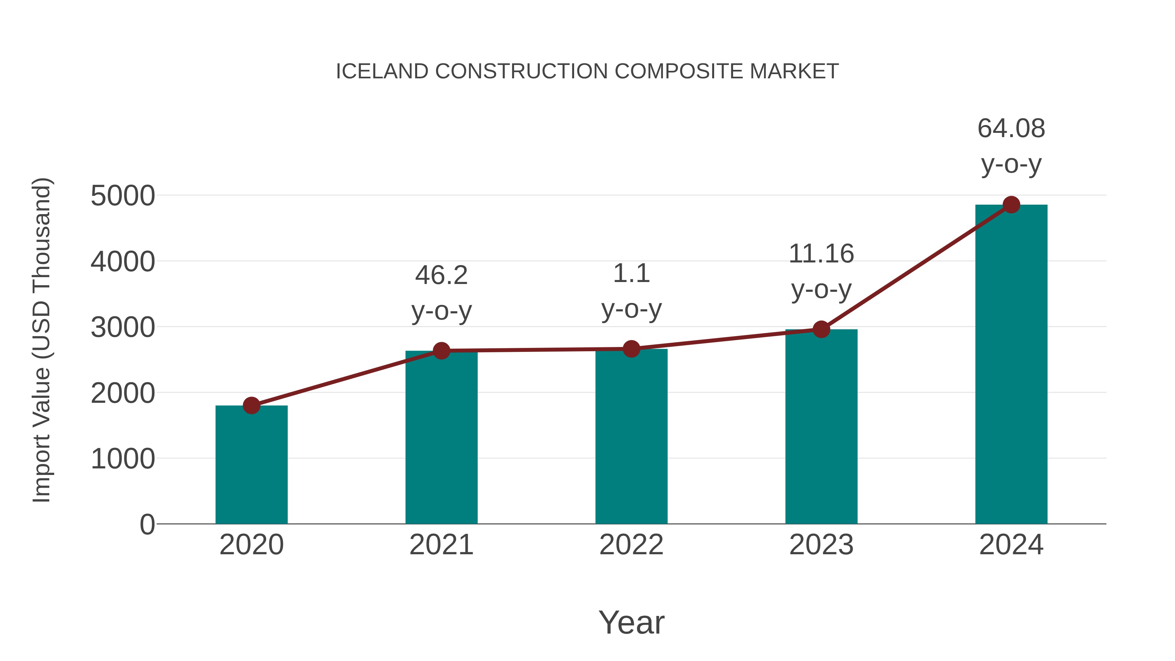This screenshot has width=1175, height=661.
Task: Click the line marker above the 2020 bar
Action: pyautogui.click(x=251, y=405)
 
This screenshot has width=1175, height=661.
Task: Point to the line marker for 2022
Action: pyautogui.click(x=631, y=349)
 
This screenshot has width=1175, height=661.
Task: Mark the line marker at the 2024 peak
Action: pyautogui.click(x=1011, y=205)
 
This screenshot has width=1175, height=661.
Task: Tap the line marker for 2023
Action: pyautogui.click(x=821, y=329)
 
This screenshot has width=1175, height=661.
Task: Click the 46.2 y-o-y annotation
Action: pyautogui.click(x=441, y=275)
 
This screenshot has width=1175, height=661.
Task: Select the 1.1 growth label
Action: pyautogui.click(x=631, y=274)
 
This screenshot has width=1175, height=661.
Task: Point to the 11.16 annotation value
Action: pyautogui.click(x=821, y=254)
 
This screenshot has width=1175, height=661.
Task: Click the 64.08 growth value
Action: pyautogui.click(x=1011, y=128)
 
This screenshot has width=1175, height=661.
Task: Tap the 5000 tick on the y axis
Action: pyautogui.click(x=123, y=196)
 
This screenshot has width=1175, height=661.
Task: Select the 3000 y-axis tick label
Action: pyautogui.click(x=123, y=327)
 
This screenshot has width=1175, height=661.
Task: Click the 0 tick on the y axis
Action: pyautogui.click(x=147, y=525)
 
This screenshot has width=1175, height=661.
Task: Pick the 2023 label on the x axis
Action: pyautogui.click(x=821, y=545)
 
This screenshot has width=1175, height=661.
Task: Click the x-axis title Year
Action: pyautogui.click(x=631, y=622)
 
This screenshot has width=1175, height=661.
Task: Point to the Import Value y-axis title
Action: pyautogui.click(x=42, y=340)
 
